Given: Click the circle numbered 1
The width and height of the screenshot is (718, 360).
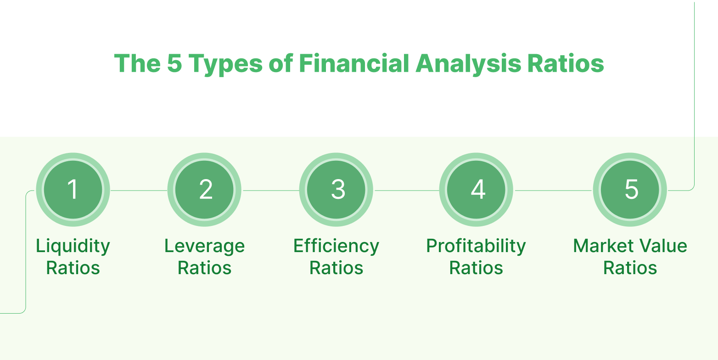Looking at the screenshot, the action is tap(73, 190).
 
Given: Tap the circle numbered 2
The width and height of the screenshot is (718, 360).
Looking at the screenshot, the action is tap(204, 190).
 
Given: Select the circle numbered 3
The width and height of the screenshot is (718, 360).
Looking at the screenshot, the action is tap(336, 190).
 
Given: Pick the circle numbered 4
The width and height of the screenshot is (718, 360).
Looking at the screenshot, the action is tap(476, 190).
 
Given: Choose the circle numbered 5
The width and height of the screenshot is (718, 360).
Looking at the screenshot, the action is tap(630, 190).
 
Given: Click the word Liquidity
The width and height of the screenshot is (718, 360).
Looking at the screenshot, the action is tap(73, 247).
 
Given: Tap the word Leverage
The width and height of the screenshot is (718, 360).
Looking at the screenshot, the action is tap(204, 247).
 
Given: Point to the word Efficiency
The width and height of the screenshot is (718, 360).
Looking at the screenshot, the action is tap(336, 247).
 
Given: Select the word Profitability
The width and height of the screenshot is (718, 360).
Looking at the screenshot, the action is tap(476, 247).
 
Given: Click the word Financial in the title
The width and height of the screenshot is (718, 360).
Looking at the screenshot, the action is tap(354, 63).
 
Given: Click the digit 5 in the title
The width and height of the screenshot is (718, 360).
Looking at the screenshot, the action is tap(175, 63).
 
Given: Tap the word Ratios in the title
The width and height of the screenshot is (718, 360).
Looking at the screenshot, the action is tap(566, 63).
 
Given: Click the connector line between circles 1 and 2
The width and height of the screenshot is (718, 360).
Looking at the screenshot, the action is tap(139, 191).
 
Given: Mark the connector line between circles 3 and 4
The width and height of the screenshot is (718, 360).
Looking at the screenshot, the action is tap(406, 191).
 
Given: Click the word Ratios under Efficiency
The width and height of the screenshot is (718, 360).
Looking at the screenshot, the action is tap(336, 268).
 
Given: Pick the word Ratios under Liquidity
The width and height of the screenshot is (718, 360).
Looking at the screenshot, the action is tap(73, 268).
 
